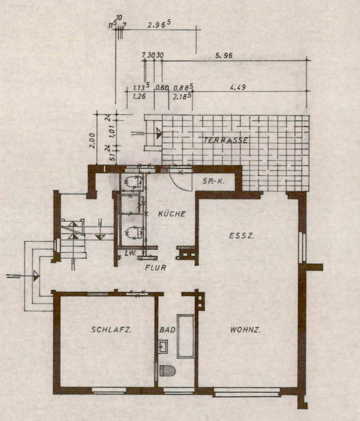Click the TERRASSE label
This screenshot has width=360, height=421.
coord(226,140)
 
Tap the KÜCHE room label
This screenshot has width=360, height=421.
coord(172,214)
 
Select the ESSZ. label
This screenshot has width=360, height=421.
coord(241,236)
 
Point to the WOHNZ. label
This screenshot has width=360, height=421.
coord(245,330)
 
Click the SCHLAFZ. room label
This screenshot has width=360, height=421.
coord(111,330)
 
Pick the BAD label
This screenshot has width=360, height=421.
coord(167,330)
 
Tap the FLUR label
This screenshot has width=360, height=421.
coord(156,268)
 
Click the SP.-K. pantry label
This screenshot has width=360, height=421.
coord(213,181)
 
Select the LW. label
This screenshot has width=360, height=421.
coord(131,253)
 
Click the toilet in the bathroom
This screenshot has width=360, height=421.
coord(167,371)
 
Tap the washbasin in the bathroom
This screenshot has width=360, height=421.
coord(163,346)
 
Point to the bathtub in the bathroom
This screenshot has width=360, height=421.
coord(185,336)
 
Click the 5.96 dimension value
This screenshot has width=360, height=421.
coord(224,56)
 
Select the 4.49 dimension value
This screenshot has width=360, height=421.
coord(238,87)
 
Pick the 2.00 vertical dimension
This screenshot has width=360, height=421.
coord(92,141)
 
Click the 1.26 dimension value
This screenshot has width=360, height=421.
coord(139,96)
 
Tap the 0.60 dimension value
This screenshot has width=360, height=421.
coord(162,88)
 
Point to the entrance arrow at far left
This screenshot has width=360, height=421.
coord(23,276)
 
